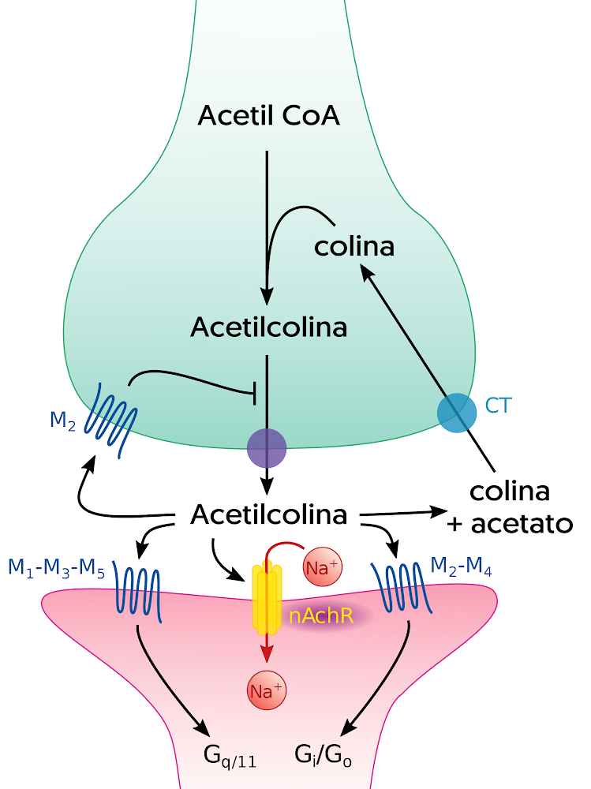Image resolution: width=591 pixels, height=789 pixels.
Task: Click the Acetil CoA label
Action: click(268, 117)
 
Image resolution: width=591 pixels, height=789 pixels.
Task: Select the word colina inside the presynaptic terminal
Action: click(353, 247)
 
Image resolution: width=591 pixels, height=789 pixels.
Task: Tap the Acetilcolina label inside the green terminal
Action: click(268, 327)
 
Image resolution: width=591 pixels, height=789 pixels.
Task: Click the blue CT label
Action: click(499, 406)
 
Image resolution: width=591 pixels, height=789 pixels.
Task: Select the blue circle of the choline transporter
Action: click(457, 413)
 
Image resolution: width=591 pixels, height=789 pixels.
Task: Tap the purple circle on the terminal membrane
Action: click(267, 448)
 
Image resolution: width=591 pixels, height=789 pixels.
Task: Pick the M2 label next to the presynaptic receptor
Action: click(62, 421)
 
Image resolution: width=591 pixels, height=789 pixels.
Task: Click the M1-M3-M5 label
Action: click(56, 568)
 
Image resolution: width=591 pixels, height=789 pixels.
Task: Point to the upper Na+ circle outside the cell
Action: click(322, 568)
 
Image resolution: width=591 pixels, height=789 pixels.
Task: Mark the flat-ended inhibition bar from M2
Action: click(254, 391)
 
